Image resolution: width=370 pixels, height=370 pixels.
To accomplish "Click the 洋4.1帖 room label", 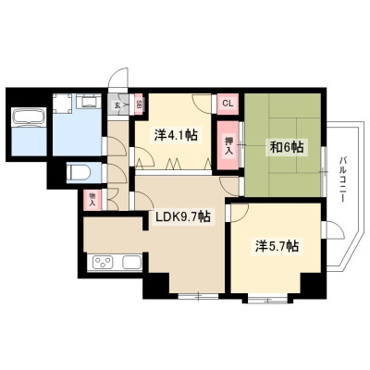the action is pos(176,135).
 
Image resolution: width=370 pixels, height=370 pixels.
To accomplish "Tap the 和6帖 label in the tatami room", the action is pos(287,147).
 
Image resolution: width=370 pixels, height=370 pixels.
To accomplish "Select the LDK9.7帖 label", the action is pos(183,217).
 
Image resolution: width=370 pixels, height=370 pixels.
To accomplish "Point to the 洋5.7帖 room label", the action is pos(277,246).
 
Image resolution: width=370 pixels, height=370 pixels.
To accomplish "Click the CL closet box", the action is pos(228,104).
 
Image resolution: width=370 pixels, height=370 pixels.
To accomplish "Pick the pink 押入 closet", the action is pos(228,145).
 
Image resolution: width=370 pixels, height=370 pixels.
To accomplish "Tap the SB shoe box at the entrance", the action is pos(139,105).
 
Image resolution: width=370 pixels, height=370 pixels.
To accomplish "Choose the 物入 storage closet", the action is pos(92,200).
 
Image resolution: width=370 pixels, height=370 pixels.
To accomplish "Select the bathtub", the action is pos(29,117).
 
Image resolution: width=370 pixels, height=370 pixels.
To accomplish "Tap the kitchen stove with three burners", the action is pos(103,263).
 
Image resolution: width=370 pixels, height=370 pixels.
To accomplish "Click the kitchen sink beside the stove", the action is pos(132,263).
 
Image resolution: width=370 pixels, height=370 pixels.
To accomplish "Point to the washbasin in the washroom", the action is pos(89,101).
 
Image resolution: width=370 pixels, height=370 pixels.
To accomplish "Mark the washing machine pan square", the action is pos(62,104).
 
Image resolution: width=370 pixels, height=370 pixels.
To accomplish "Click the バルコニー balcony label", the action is pos(342,180).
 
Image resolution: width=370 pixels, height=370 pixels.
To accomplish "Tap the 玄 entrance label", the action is pos(117,105).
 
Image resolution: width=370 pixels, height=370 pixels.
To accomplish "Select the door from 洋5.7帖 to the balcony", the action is pos(332,229).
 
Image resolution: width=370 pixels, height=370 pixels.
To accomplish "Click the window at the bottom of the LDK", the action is pos(198,297).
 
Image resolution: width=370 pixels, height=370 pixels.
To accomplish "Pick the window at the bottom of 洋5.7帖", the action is pos(267,299).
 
